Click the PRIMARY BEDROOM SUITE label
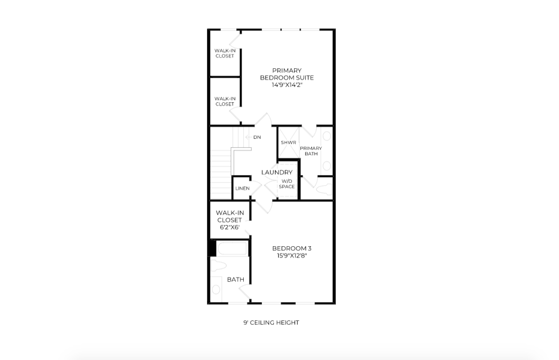point(286,74)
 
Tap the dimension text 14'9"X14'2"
point(286,85)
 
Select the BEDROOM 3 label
point(291,248)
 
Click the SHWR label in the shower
point(288,143)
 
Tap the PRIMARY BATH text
point(310,151)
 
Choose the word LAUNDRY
point(277,173)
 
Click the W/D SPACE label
point(287,184)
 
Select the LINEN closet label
point(242,188)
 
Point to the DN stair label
point(257,137)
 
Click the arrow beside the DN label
point(248,137)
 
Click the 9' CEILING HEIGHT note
point(271,322)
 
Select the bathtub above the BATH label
point(232,248)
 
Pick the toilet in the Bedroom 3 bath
point(219,265)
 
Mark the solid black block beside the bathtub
point(211,248)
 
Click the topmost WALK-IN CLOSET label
point(225,53)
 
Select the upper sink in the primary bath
point(326,137)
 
